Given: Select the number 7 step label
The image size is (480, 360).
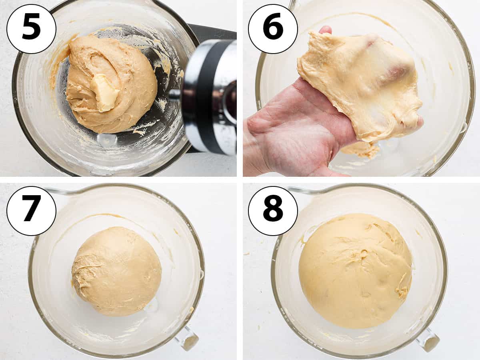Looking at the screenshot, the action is [x=31, y=211].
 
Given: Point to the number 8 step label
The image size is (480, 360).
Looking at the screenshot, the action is [x=273, y=211].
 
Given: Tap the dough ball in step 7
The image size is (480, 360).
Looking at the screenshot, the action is [x=117, y=272].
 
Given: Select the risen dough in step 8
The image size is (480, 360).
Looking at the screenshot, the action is [x=355, y=274].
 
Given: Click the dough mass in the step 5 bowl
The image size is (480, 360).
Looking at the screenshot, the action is [x=111, y=85].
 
